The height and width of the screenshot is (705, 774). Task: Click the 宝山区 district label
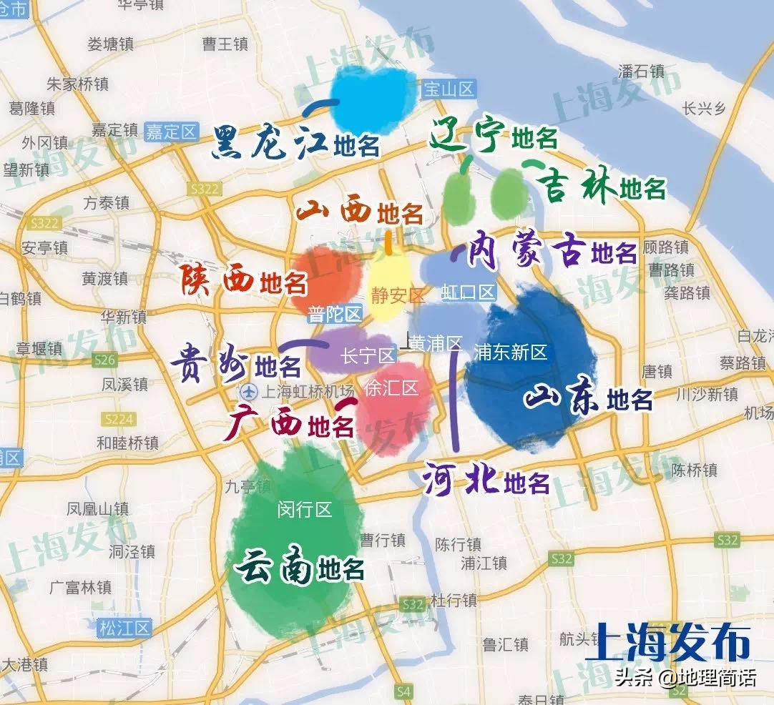click(x=449, y=89)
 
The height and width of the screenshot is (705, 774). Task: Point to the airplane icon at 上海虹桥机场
click(x=248, y=391)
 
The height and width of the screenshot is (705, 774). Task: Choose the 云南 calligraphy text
click(x=275, y=568)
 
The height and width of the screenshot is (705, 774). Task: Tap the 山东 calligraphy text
click(x=562, y=398)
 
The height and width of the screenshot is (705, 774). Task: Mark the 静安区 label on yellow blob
click(x=397, y=294)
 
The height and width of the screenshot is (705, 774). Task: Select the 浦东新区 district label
click(x=510, y=351)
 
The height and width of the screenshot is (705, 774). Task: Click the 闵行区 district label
click(x=305, y=509)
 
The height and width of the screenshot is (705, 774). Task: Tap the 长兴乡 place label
click(x=704, y=109)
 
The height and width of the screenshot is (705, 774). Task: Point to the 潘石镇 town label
click(x=641, y=72)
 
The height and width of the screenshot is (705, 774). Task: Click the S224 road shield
click(x=118, y=419)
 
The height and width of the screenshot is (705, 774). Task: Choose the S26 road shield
click(x=104, y=359)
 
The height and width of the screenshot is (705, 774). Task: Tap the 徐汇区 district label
click(x=391, y=388)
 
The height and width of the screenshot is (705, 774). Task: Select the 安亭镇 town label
click(x=45, y=247)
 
